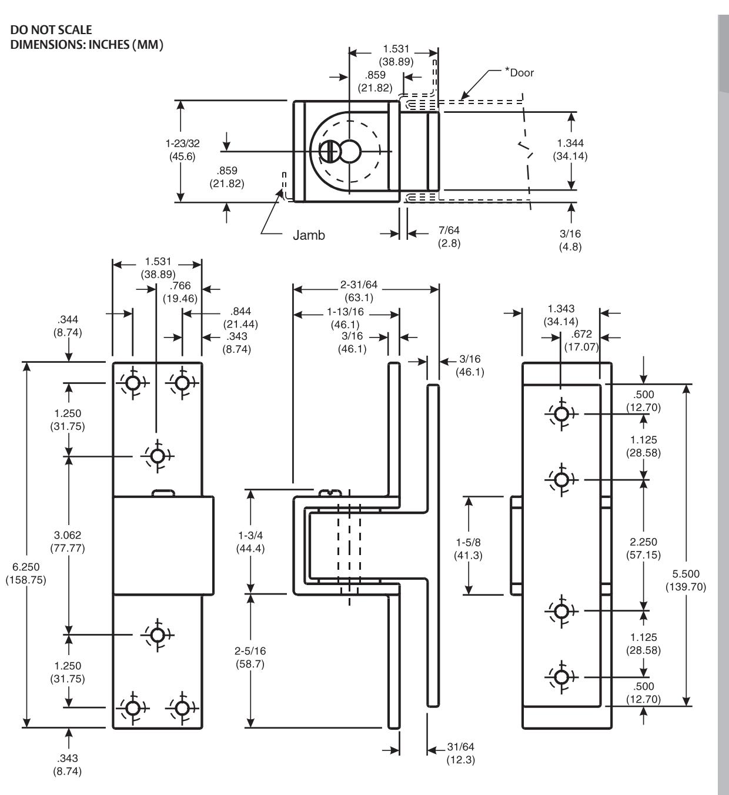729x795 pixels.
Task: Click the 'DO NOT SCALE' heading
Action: point(51,30)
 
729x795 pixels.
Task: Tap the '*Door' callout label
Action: point(519,72)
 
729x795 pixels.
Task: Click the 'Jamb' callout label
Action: point(309,235)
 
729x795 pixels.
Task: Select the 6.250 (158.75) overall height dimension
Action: point(26,573)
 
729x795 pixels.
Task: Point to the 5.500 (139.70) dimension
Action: point(686,580)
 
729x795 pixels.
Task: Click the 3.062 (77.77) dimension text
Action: point(68,542)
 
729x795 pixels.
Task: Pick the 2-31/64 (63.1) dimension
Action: point(359,291)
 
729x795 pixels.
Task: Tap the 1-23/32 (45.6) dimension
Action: point(182,150)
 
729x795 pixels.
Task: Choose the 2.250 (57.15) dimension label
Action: point(643,548)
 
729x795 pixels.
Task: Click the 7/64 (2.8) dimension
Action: point(449,236)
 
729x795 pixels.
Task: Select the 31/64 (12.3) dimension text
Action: point(461,753)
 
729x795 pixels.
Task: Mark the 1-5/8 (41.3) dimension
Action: point(468,549)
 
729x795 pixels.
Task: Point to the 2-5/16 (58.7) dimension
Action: point(250,657)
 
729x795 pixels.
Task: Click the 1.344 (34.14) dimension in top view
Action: point(570,149)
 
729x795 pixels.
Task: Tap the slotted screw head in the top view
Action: point(330,152)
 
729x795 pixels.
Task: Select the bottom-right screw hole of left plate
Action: point(182,707)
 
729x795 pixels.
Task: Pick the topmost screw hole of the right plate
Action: point(561,414)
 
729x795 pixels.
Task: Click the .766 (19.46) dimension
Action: point(180,292)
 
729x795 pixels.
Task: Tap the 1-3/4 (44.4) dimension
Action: point(250,542)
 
